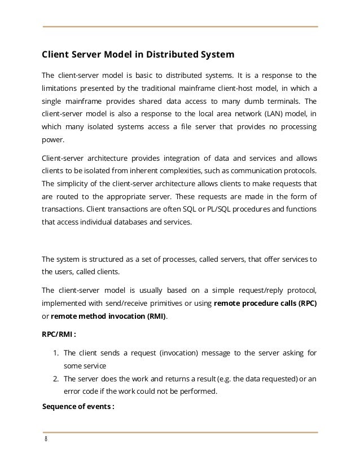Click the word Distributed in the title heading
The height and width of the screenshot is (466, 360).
pyautogui.click(x=170, y=55)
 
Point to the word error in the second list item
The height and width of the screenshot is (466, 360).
pyautogui.click(x=72, y=390)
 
